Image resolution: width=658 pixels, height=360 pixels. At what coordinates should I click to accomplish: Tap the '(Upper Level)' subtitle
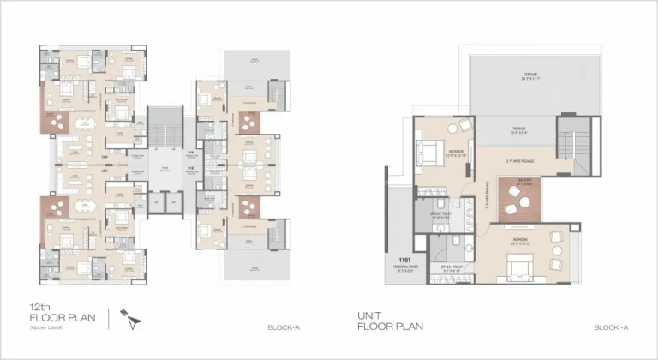click(42, 329)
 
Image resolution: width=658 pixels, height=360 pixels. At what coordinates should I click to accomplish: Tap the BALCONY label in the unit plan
click(525, 180)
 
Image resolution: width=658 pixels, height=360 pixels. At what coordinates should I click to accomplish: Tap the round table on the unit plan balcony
click(523, 199)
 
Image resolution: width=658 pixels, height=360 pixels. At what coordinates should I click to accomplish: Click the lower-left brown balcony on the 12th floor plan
click(55, 207)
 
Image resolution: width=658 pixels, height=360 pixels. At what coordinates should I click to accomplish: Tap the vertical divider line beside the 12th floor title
click(109, 319)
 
